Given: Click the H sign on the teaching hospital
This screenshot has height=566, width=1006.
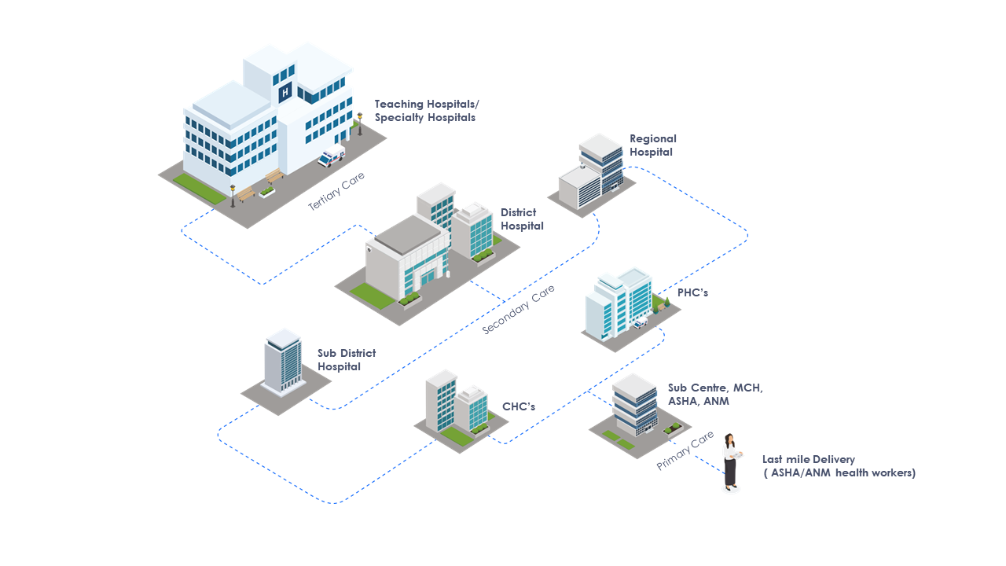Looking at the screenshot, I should [285, 92].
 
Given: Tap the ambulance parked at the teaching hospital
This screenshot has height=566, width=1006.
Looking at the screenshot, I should [331, 156].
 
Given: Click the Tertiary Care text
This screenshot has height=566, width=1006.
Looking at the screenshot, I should [336, 191].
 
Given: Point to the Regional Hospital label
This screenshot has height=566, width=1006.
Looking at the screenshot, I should [652, 145].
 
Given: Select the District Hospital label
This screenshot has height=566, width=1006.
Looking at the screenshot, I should [522, 219].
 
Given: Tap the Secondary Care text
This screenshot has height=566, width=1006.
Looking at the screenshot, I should [518, 309].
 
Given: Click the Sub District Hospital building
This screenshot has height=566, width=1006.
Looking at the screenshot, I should [283, 363].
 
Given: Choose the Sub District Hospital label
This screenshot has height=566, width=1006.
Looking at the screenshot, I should [346, 360].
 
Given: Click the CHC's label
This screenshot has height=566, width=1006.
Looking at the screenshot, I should [519, 406].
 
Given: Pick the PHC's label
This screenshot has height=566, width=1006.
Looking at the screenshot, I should [692, 292].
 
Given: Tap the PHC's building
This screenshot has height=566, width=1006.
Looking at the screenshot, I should [619, 304].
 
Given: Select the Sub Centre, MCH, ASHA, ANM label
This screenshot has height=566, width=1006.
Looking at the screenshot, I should [715, 395].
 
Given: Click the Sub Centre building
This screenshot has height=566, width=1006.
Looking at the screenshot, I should [635, 405].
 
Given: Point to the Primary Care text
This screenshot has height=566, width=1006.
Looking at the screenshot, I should [685, 451].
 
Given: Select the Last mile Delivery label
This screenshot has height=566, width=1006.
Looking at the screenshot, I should [838, 466].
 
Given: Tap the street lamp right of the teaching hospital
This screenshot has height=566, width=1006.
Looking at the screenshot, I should [360, 123].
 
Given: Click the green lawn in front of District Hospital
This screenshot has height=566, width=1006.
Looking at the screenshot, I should [372, 295].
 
